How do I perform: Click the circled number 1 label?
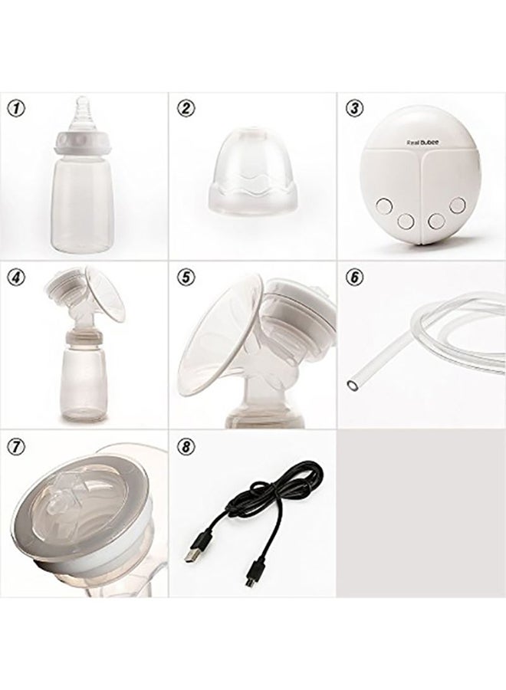click(x=15, y=108)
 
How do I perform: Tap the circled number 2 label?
click(x=186, y=108)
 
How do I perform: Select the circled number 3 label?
click(x=353, y=108)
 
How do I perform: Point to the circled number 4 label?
click(x=15, y=277)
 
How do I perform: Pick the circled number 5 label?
click(x=186, y=277)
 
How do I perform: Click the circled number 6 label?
click(x=353, y=277)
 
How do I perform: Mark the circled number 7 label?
click(x=15, y=445)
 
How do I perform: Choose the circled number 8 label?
click(x=186, y=445)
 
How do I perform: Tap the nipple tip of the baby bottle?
click(x=81, y=103)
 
